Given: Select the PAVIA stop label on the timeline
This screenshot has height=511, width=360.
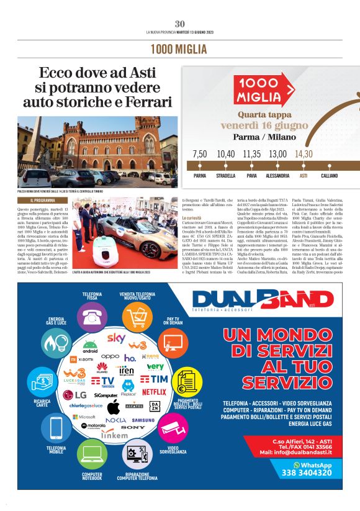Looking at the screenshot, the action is pyautogui.click(x=251, y=176).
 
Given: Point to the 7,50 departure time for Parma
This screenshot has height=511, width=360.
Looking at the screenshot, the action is pyautogui.click(x=199, y=154).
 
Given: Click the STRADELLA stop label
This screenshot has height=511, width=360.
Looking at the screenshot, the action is pyautogui.click(x=225, y=176).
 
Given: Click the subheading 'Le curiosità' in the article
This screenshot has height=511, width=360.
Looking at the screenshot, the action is pyautogui.click(x=193, y=218).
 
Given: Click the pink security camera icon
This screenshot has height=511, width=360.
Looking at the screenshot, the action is pyautogui.click(x=168, y=429).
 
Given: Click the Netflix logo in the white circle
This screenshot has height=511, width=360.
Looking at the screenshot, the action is pyautogui.click(x=154, y=392).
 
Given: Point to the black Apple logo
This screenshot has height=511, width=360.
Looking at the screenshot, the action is pyautogui.click(x=113, y=407).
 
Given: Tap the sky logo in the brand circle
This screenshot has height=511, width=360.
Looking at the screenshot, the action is pyautogui.click(x=116, y=338).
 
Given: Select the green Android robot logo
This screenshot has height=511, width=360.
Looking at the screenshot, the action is pyautogui.click(x=91, y=345).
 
